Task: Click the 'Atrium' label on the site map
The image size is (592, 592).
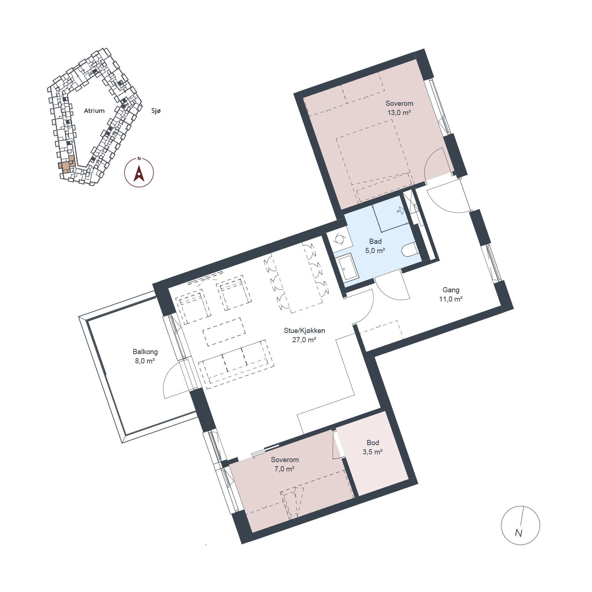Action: tap(94, 111)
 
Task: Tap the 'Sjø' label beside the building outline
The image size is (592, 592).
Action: tap(157, 111)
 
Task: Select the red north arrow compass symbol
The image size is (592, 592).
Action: tap(139, 172)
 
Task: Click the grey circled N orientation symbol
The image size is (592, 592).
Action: tap(520, 525)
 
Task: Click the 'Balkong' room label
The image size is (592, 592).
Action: tap(145, 352)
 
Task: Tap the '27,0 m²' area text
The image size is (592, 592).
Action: tap(304, 340)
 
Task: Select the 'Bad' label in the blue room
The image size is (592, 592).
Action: tap(375, 242)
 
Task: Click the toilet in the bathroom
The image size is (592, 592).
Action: tap(410, 250)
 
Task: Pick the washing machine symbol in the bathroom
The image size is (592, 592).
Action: tap(339, 239)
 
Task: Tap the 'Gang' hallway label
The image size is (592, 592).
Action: tap(451, 290)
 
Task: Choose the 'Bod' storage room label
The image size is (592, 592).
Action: tap(373, 443)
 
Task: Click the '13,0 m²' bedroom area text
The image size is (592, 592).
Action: tap(399, 112)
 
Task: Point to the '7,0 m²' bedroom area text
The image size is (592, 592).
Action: tap(285, 469)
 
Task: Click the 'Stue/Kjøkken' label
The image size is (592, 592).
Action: tap(304, 330)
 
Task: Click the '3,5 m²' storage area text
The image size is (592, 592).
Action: tap(373, 452)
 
